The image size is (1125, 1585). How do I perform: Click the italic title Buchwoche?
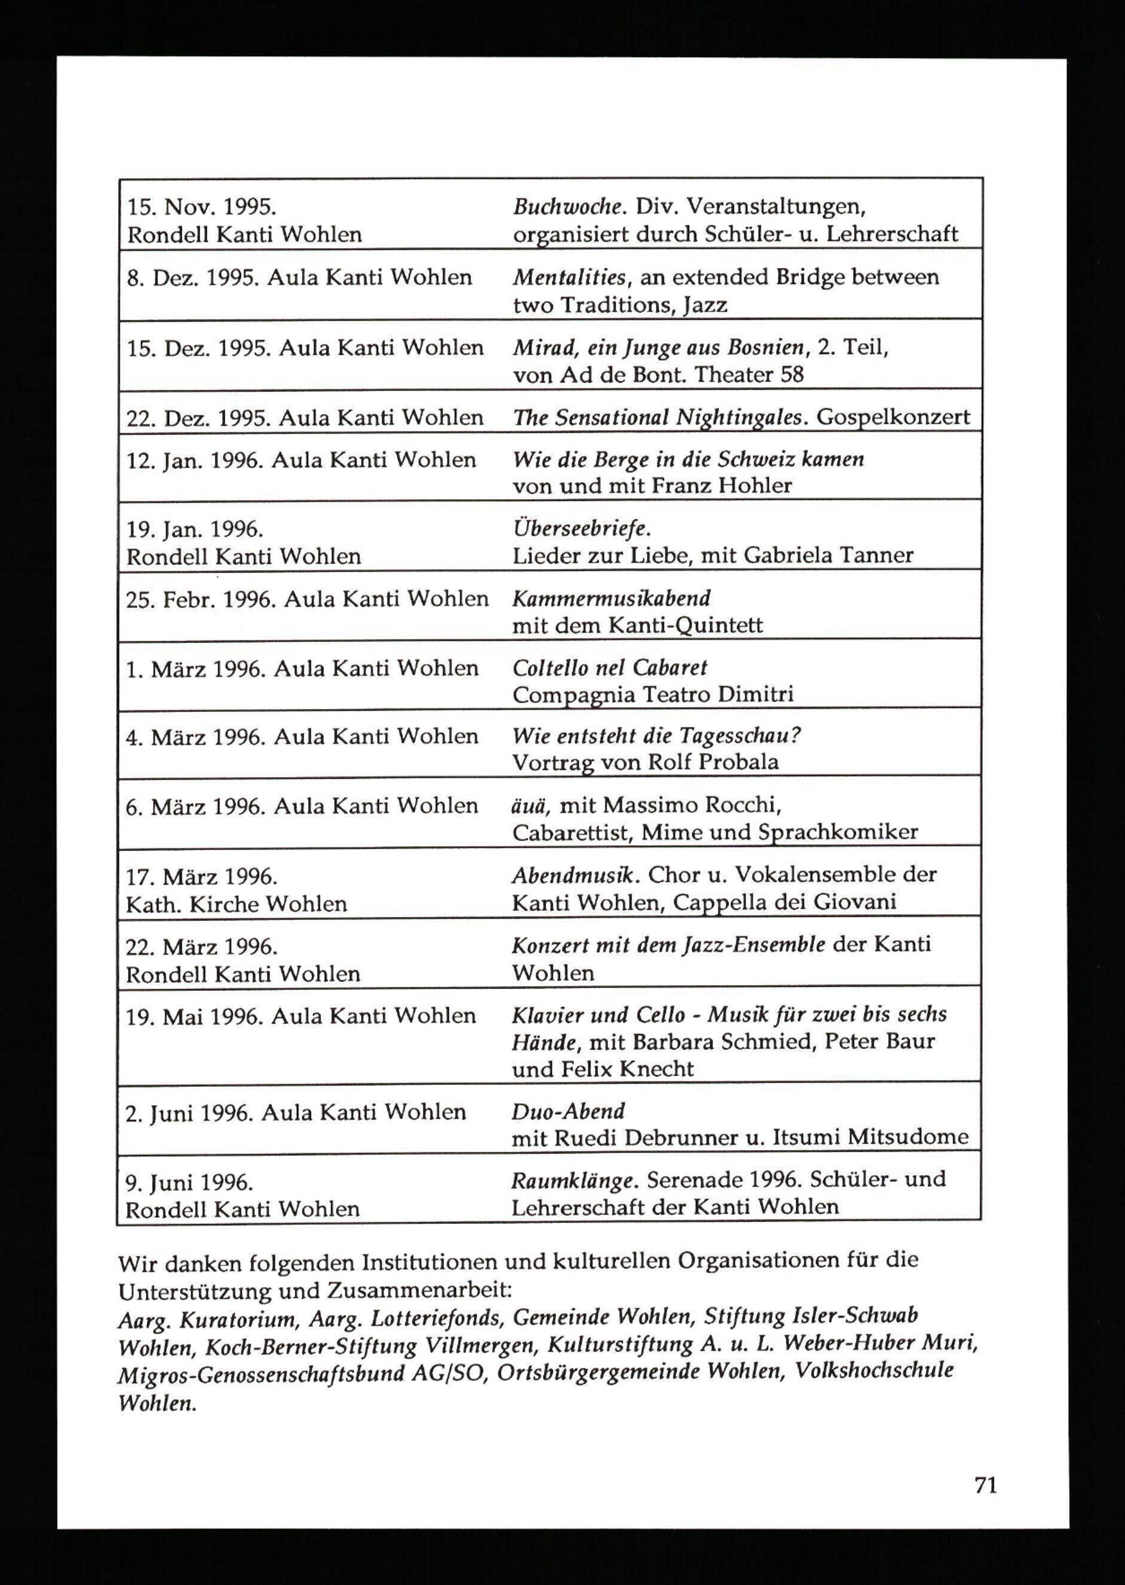pyautogui.click(x=566, y=206)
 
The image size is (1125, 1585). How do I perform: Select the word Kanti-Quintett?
pyautogui.click(x=685, y=626)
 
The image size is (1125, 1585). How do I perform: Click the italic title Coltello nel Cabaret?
pyautogui.click(x=610, y=668)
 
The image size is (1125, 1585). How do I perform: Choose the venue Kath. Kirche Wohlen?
pyautogui.click(x=236, y=904)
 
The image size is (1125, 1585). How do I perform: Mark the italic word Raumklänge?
pyautogui.click(x=572, y=1180)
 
